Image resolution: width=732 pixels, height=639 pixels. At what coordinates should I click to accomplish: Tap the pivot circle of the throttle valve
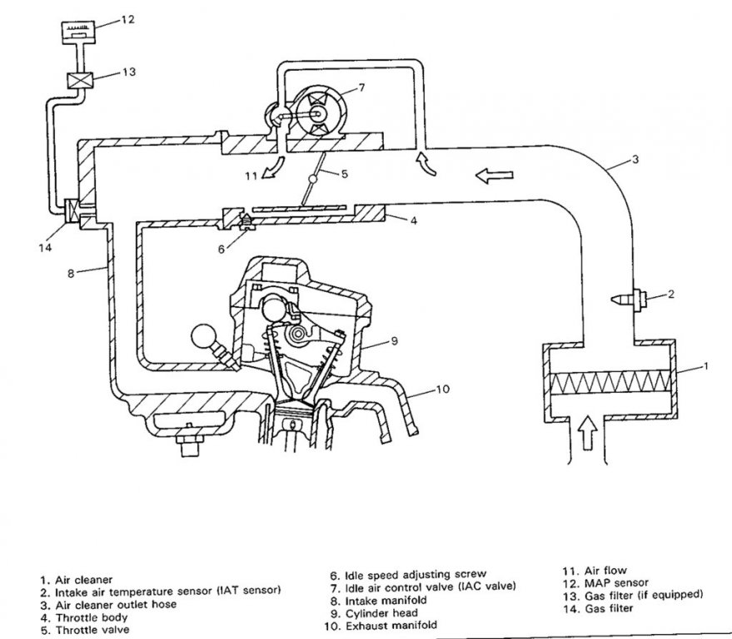[x=312, y=180]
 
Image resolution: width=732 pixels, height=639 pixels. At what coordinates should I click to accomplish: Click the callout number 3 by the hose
[x=635, y=159]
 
